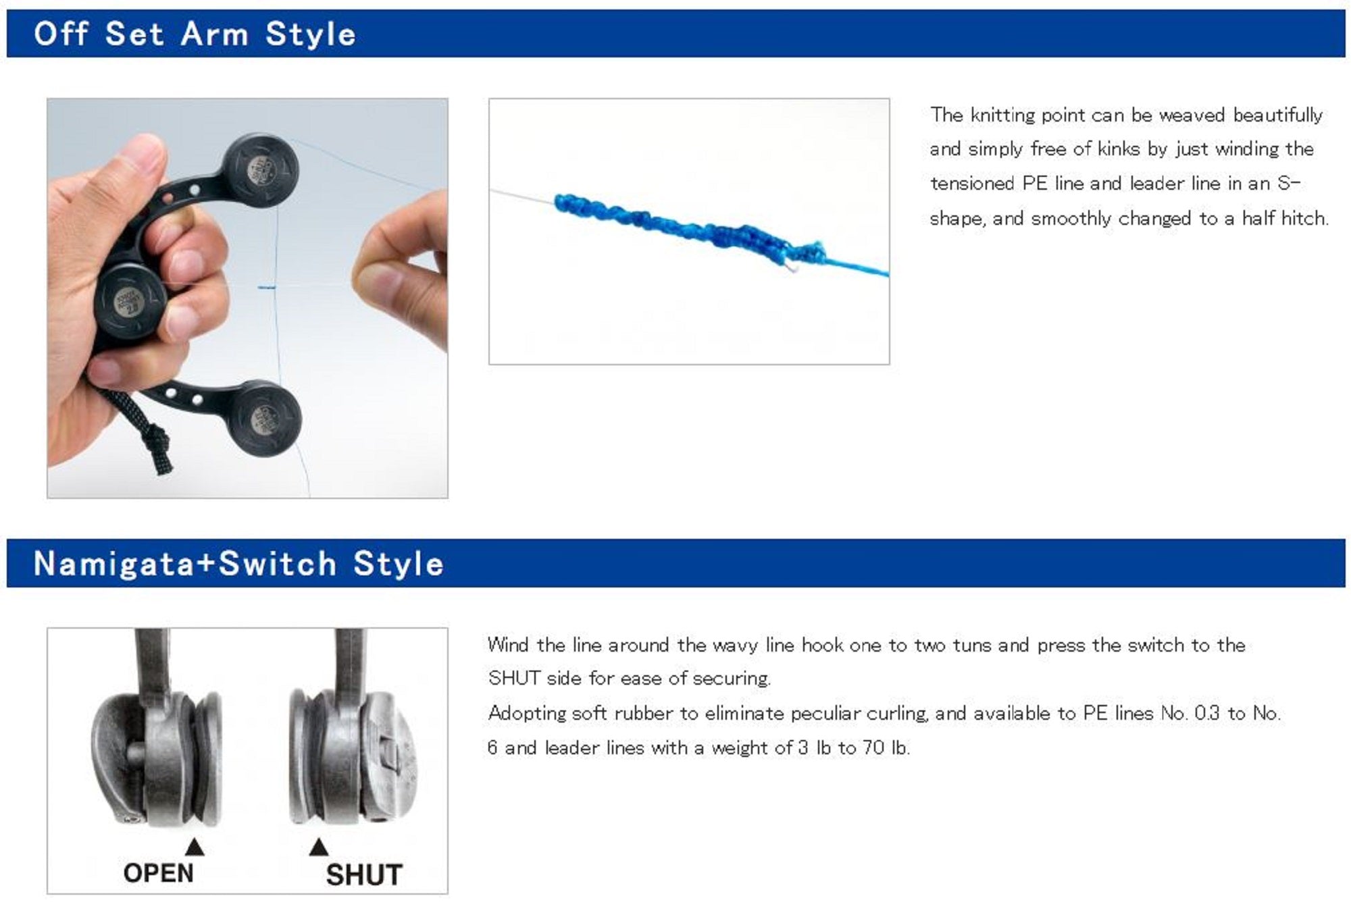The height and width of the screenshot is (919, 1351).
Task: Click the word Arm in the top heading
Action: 214,34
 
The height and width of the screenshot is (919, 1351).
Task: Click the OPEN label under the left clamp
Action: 158,873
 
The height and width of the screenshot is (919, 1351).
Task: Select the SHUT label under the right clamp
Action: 364,875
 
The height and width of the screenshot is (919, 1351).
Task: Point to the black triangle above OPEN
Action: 195,847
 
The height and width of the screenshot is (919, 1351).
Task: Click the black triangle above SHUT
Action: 319,847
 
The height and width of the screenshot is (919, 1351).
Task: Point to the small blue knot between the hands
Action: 267,288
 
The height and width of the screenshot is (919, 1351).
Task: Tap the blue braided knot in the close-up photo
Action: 689,230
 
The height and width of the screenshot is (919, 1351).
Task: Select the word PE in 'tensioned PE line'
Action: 1034,184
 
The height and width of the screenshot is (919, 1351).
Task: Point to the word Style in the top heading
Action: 310,34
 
